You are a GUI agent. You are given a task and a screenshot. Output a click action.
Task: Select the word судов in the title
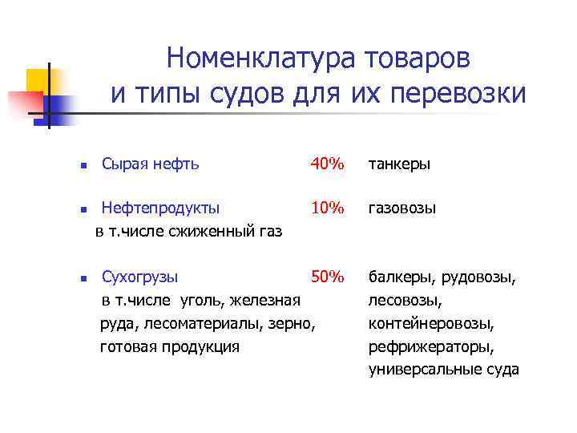click(x=244, y=95)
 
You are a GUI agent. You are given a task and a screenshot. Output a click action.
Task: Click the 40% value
click(x=327, y=164)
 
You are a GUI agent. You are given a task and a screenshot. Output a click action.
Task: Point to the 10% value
click(x=327, y=208)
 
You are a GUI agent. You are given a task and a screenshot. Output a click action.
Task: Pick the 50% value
click(x=327, y=277)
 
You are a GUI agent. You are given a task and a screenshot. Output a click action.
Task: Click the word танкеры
click(x=399, y=164)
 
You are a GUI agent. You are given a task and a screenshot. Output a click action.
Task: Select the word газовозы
click(x=402, y=208)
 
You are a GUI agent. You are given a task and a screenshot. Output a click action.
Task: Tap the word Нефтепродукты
click(x=160, y=208)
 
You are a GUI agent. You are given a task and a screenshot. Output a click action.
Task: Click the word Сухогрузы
click(x=140, y=277)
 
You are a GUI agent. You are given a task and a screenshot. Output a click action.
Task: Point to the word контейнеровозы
click(x=430, y=325)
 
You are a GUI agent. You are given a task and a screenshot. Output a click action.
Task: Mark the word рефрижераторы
click(x=430, y=347)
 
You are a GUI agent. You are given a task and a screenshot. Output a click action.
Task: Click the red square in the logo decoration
click(x=26, y=103)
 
